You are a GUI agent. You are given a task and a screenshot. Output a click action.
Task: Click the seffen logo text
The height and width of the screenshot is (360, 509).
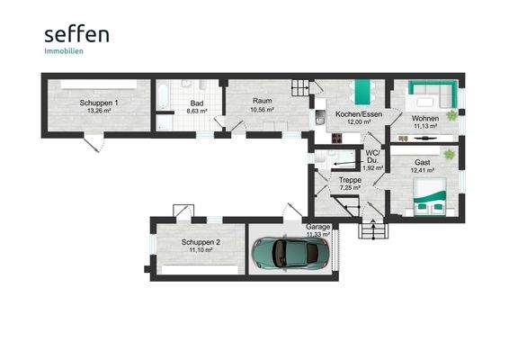76,35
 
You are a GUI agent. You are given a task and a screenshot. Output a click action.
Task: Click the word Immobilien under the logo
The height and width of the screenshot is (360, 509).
63,51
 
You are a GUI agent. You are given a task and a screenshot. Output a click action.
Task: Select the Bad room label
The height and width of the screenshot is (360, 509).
194,103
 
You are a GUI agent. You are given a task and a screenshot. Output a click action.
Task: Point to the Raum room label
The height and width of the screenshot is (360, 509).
262,102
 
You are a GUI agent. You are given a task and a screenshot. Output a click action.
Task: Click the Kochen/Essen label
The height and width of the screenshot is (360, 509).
357,115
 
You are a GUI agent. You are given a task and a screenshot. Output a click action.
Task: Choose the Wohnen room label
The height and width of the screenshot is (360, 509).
424,119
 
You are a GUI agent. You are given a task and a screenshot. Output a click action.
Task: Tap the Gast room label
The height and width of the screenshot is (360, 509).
423,162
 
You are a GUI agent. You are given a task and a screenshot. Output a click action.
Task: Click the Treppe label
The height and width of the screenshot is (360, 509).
349,180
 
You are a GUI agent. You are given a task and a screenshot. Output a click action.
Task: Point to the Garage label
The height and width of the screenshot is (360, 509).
317,227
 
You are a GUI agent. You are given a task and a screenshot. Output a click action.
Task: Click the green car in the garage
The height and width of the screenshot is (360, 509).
285,254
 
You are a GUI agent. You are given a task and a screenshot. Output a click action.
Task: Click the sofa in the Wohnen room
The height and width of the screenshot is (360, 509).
429,90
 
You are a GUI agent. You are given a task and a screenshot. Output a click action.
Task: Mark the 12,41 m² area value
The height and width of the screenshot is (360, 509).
423,170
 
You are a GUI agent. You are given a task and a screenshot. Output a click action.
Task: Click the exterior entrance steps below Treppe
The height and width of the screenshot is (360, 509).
371,229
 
